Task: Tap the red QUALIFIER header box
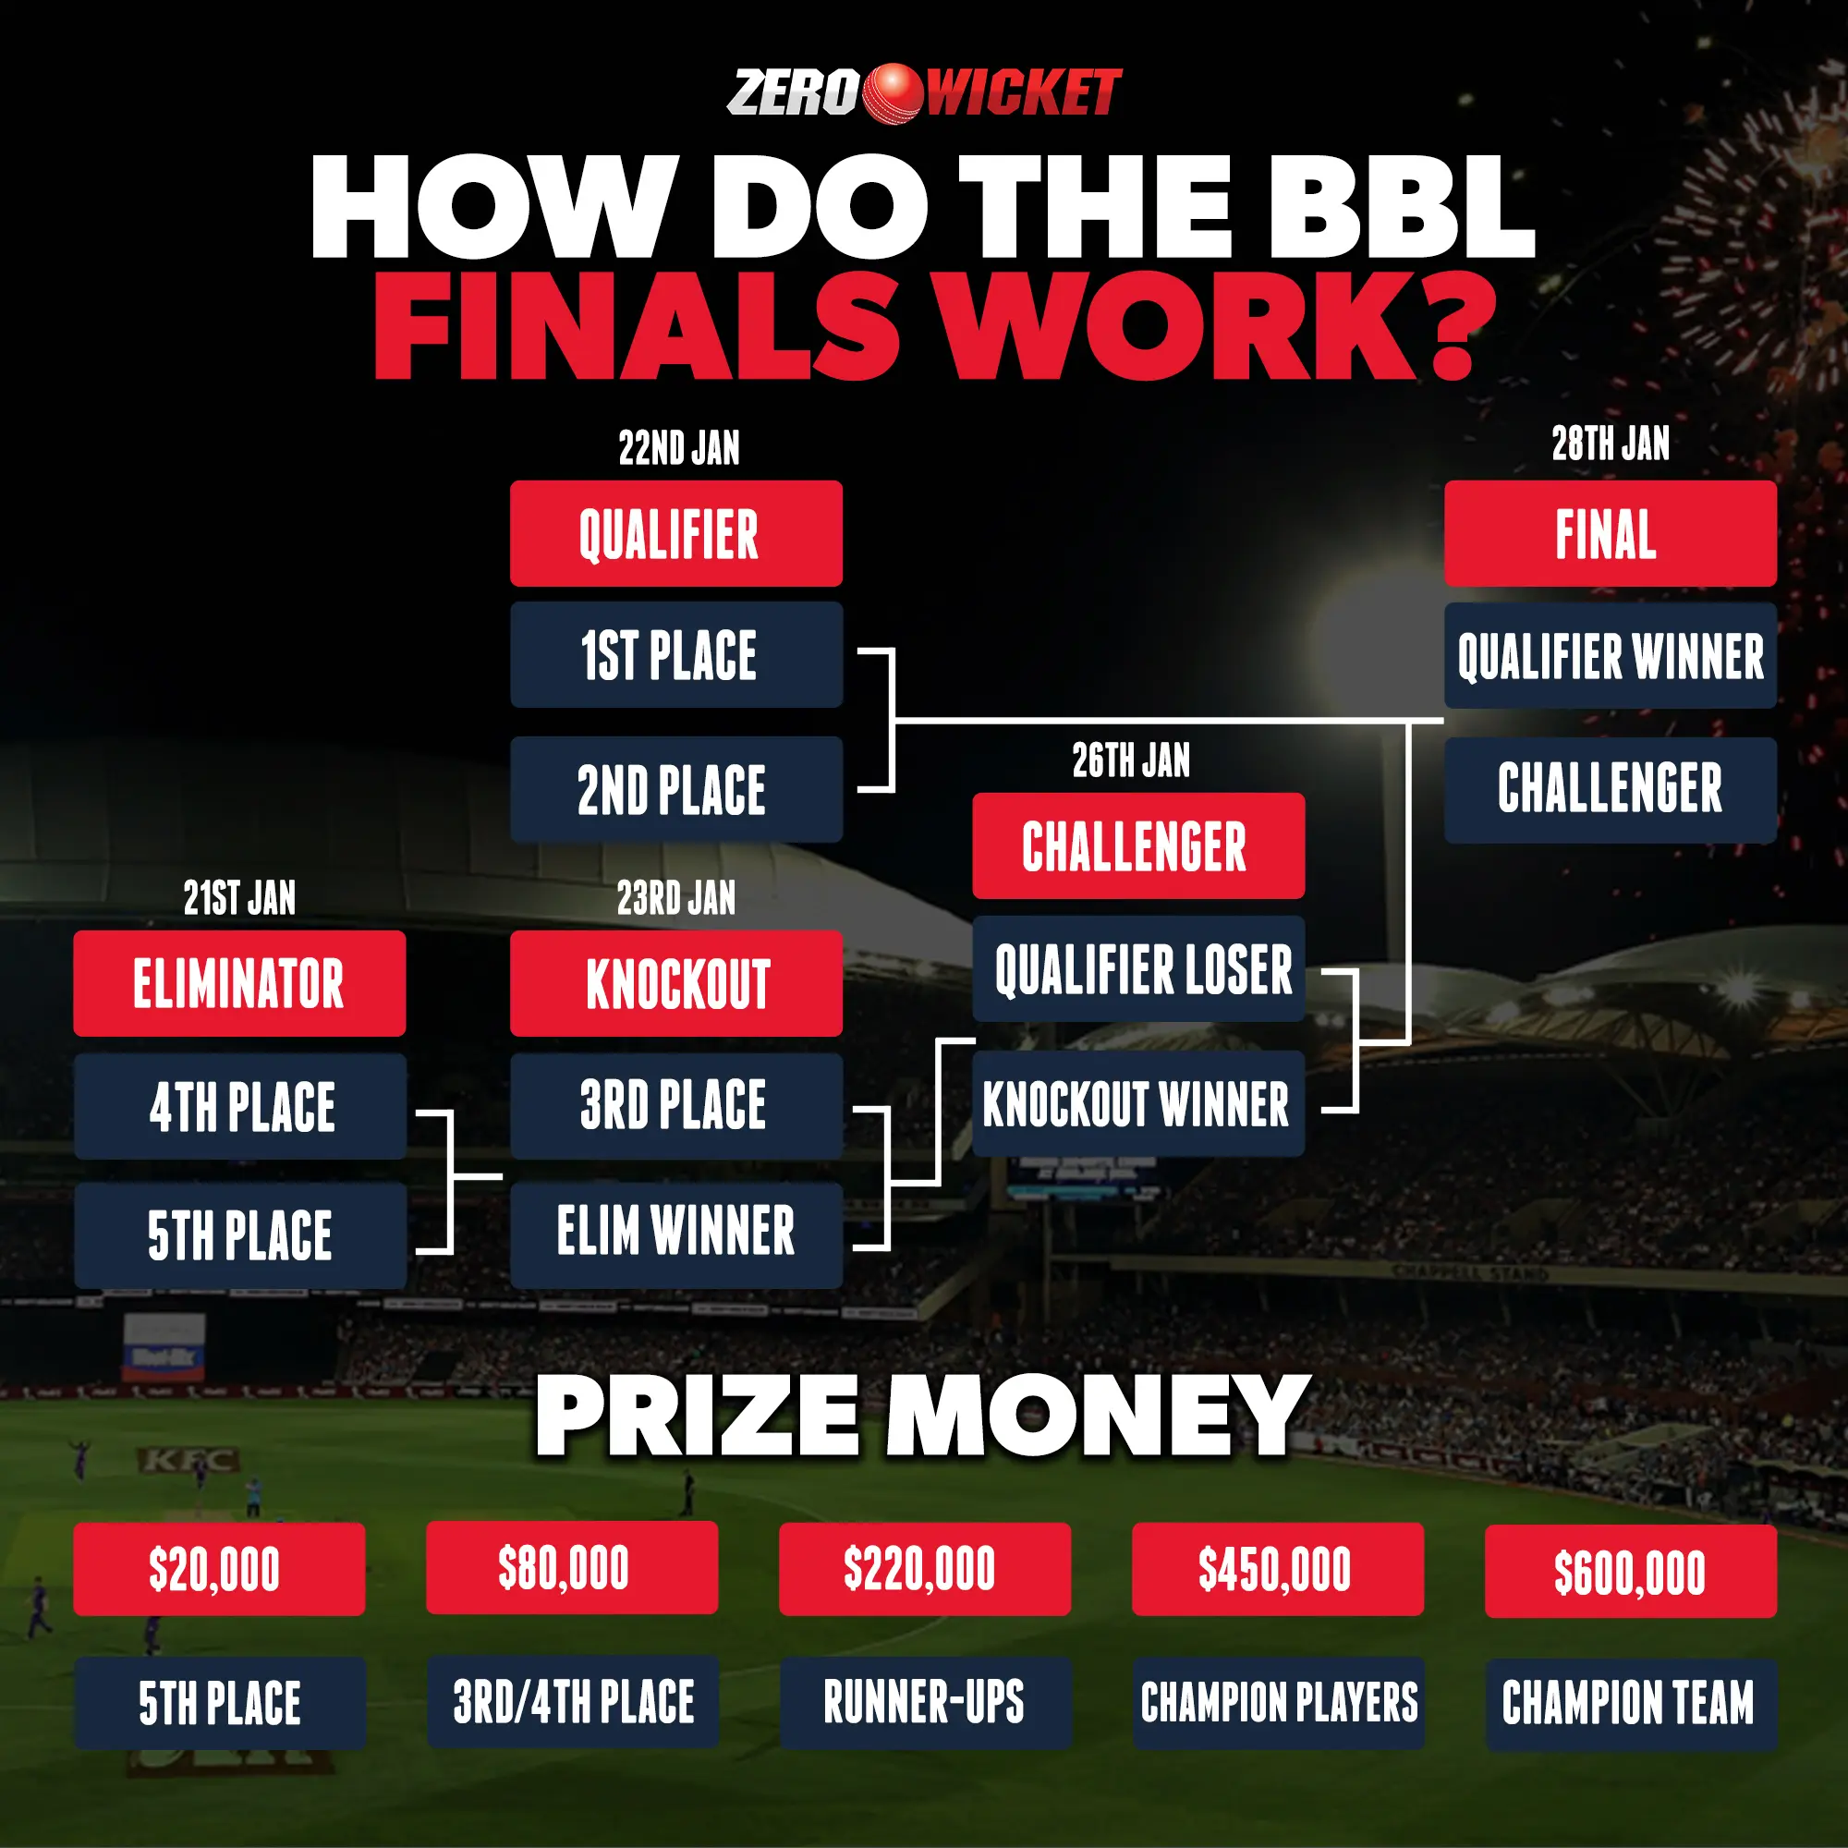point(676,533)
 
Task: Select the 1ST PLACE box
point(676,655)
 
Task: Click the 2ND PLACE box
point(676,789)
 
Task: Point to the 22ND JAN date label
point(679,447)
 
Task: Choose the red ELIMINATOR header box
point(239,983)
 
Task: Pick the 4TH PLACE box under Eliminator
point(240,1107)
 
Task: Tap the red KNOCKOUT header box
point(676,983)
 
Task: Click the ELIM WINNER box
point(676,1234)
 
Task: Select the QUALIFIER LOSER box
point(1139,968)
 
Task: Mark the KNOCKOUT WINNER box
point(1139,1104)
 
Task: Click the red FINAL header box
point(1611,533)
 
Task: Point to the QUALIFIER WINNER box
point(1611,655)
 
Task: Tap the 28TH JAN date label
point(1611,444)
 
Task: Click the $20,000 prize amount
point(214,1570)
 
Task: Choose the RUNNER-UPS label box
point(925,1703)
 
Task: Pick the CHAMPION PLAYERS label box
point(1279,1704)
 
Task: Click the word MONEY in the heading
point(1098,1416)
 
